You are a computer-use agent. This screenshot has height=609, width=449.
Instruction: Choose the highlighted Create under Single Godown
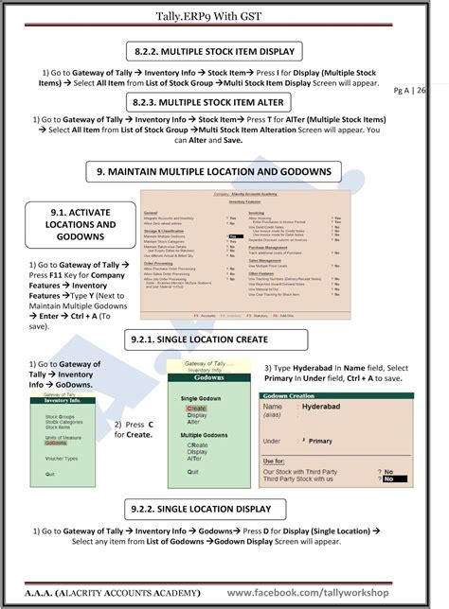coord(197,408)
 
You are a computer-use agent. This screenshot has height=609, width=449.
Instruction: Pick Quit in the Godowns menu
coord(193,471)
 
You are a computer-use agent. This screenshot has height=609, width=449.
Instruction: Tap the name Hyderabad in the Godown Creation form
coord(328,407)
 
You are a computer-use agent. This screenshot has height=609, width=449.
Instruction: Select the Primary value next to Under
coord(320,441)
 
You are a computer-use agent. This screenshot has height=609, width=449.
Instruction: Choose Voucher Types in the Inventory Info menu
coord(63,457)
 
